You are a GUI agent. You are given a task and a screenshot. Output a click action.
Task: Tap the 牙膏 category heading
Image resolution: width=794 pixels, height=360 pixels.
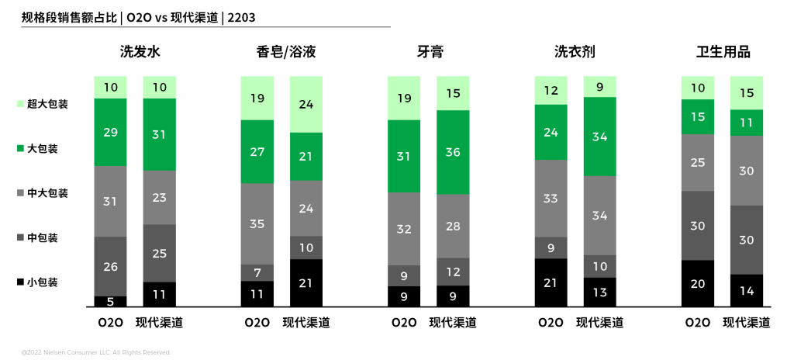tap(430, 53)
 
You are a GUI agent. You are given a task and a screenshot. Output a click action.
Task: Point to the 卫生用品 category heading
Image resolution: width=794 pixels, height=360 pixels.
tap(723, 53)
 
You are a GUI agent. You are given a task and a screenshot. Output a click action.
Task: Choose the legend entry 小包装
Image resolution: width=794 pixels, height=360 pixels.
tap(43, 282)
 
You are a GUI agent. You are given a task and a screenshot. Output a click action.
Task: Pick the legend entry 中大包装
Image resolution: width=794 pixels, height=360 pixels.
tap(47, 193)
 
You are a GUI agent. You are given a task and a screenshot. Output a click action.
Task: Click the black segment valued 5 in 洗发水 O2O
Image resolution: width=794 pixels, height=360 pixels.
tap(110, 301)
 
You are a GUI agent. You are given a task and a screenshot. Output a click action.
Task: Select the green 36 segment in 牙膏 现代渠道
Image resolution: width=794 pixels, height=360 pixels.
tap(453, 152)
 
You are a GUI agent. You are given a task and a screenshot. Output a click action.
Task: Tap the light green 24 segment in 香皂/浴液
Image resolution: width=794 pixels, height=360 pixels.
tap(306, 104)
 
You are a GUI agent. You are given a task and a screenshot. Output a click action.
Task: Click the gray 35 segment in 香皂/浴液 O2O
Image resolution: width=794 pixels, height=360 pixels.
tap(257, 223)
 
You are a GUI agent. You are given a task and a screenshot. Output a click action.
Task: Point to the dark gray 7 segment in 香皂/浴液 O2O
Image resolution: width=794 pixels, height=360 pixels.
tap(257, 272)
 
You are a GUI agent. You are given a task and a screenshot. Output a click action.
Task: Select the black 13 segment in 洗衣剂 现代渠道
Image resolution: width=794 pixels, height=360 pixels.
tap(599, 292)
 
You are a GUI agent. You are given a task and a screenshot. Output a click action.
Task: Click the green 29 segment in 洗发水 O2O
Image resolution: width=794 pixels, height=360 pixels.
tap(110, 132)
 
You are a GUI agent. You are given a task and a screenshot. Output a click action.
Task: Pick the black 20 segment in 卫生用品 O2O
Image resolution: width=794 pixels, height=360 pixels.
tap(697, 283)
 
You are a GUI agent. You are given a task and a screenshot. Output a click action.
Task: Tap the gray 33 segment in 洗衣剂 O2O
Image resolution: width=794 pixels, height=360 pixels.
tap(551, 198)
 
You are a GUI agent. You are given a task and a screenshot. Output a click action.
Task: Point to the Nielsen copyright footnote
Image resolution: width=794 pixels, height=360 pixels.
tap(96, 352)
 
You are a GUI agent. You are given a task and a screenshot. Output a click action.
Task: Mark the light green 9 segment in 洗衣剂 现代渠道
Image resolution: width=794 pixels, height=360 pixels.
tap(599, 86)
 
